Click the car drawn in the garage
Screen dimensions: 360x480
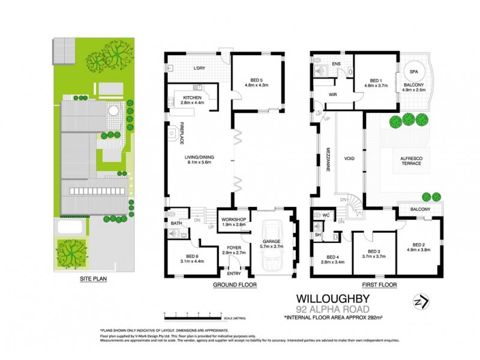point(273,243)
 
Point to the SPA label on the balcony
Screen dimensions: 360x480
point(414,71)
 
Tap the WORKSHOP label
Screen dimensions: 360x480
point(235,220)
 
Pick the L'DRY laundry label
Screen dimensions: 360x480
point(199,68)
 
